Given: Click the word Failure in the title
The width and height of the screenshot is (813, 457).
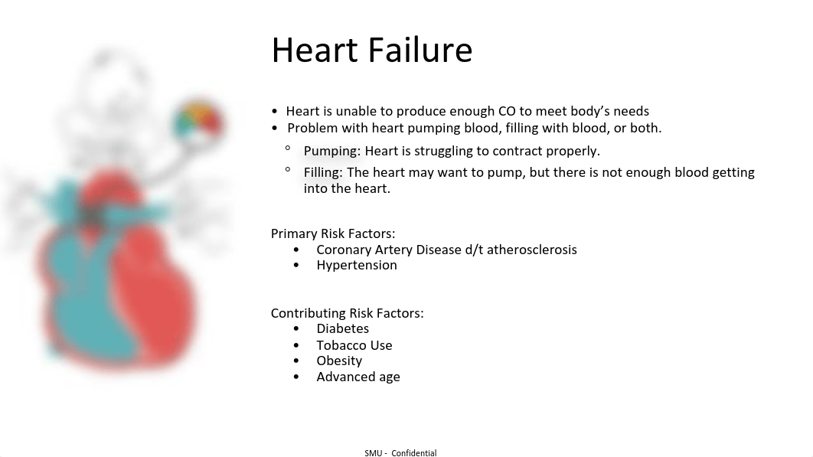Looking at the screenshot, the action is (x=420, y=50).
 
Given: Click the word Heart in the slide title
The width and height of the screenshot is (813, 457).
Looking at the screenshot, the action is (x=315, y=50).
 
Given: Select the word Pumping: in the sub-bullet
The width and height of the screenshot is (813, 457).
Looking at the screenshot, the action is (x=331, y=151).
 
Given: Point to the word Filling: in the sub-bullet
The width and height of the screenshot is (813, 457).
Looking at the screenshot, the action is (x=323, y=172).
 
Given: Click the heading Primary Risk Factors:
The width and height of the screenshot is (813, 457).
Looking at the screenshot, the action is (x=333, y=233).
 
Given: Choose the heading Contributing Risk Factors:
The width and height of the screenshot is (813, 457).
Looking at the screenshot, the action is (x=347, y=313).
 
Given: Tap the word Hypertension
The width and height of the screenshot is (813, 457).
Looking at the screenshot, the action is (x=357, y=265).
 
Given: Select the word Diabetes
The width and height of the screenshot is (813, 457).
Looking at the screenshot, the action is (x=343, y=328).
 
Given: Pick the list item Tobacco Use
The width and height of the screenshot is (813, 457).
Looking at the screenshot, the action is (x=354, y=345).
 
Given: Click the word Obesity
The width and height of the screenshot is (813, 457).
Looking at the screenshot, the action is (x=339, y=361).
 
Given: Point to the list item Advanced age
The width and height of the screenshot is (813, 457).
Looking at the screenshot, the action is (x=358, y=377).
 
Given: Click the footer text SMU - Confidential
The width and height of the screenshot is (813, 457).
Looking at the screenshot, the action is (x=400, y=453).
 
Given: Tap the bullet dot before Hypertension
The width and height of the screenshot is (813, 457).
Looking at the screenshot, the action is (x=296, y=265).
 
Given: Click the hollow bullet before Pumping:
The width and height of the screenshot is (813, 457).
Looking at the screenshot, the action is (x=288, y=149).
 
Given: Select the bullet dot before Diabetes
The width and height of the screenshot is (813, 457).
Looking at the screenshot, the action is (x=296, y=328).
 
